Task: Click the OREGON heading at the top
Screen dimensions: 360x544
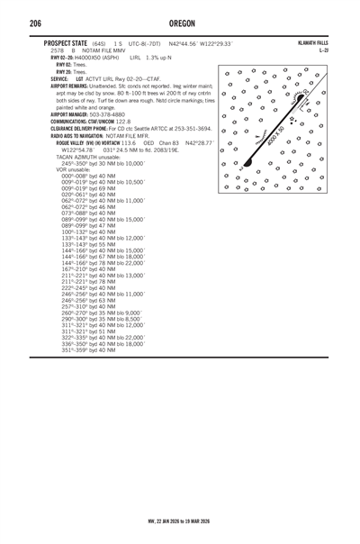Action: coord(181,23)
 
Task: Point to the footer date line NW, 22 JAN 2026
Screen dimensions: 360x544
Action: coord(181,520)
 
